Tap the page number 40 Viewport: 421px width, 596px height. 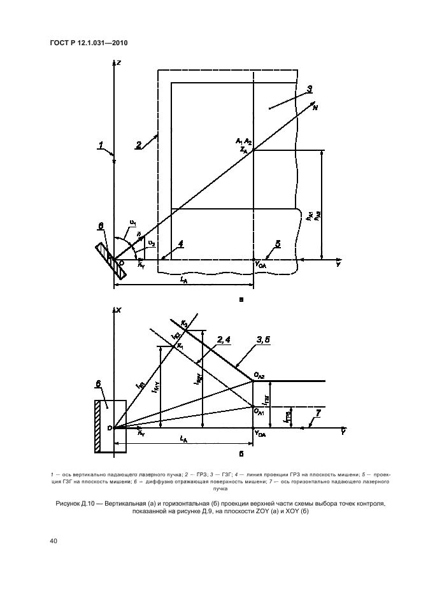pyautogui.click(x=52, y=541)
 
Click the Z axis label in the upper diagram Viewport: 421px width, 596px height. pyautogui.click(x=119, y=62)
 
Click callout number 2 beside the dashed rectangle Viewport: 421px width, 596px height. pyautogui.click(x=139, y=145)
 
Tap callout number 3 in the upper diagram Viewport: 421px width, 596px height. pyautogui.click(x=309, y=89)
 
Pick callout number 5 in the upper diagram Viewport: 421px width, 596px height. pyautogui.click(x=278, y=243)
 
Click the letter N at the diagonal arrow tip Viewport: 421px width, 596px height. pyautogui.click(x=315, y=108)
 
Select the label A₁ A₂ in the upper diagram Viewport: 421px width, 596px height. pyautogui.click(x=243, y=140)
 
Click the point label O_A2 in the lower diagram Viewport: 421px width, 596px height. pyautogui.click(x=259, y=378)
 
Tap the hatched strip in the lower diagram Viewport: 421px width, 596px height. pyautogui.click(x=99, y=426)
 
